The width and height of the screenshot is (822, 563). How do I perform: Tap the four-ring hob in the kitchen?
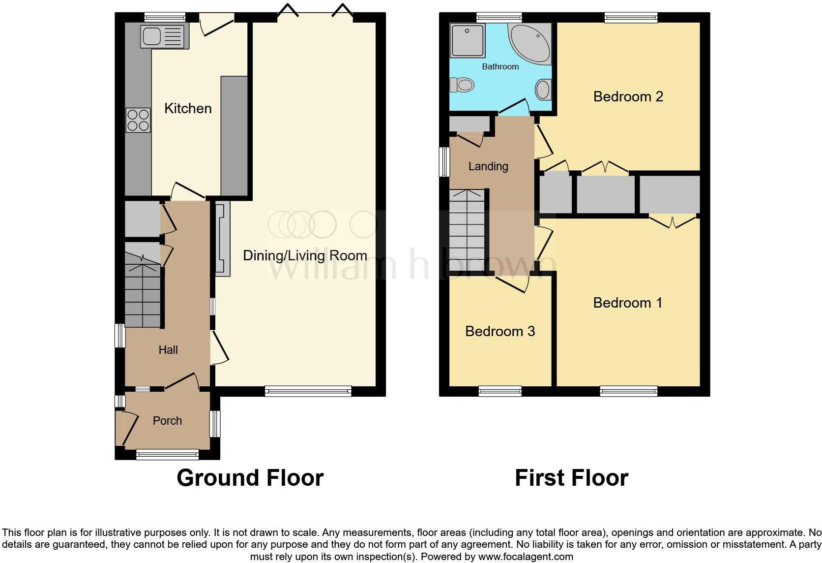(138, 121)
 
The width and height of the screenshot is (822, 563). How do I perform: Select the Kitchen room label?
(188, 108)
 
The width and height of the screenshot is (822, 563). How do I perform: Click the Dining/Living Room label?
(305, 255)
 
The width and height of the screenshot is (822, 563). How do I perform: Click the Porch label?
(167, 421)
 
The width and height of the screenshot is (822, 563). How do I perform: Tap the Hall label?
(168, 350)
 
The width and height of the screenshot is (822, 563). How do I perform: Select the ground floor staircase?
(143, 295)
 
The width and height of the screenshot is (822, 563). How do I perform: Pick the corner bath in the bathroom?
(531, 44)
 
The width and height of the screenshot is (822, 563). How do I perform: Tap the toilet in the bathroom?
(462, 85)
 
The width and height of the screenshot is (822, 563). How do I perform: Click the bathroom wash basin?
(543, 90)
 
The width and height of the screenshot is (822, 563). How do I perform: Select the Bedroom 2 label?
(628, 96)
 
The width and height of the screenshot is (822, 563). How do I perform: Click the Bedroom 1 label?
(628, 303)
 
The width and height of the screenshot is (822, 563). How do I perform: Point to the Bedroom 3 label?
(500, 331)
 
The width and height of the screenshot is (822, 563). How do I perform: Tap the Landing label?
(488, 166)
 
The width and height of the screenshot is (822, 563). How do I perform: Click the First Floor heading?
(571, 478)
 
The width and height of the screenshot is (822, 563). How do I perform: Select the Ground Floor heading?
(250, 478)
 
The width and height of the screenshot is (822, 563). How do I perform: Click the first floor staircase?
(468, 231)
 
